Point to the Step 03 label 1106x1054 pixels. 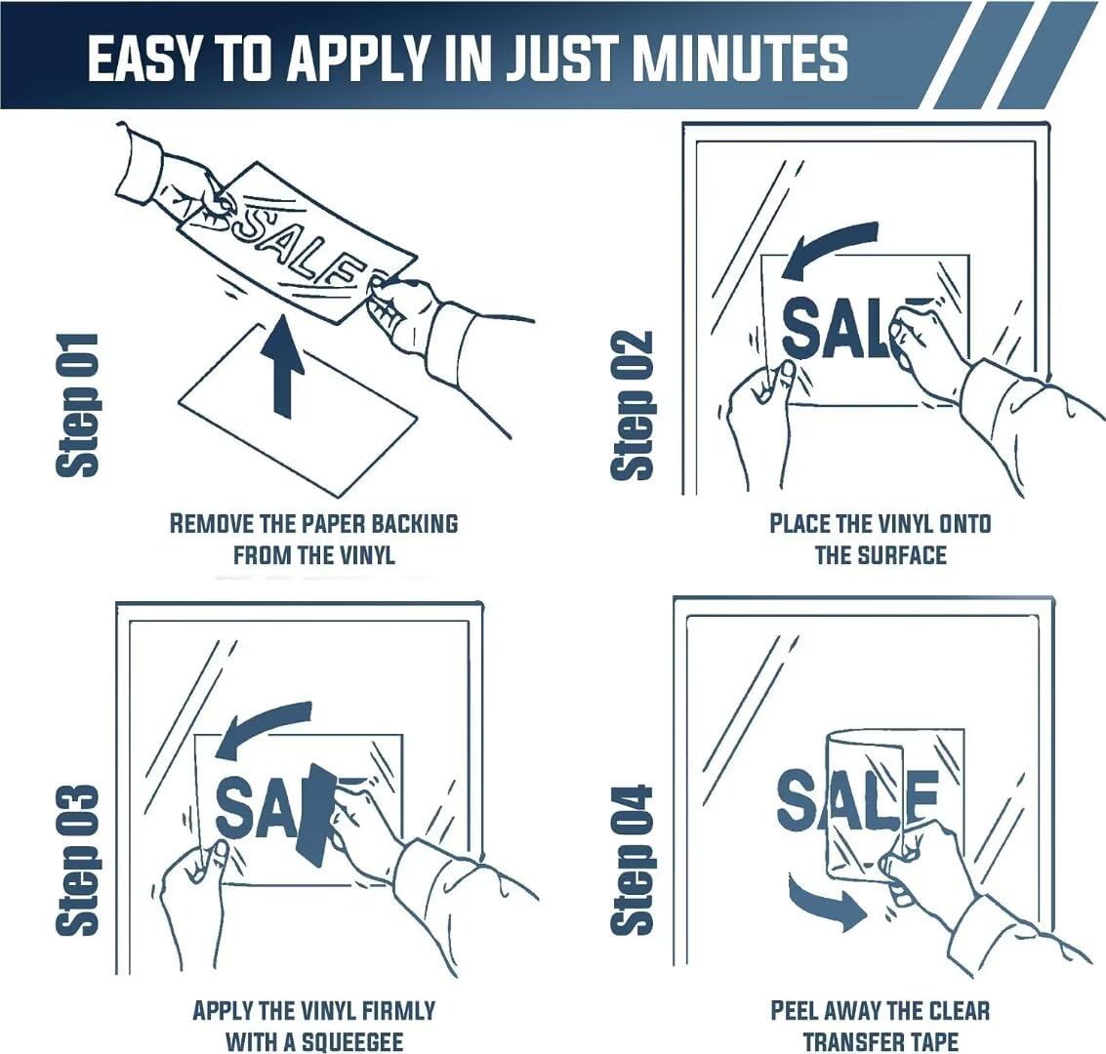[x=77, y=859]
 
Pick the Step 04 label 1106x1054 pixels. [x=633, y=859]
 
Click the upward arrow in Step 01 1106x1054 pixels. [x=283, y=367]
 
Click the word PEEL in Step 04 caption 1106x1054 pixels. [x=794, y=1011]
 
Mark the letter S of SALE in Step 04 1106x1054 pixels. [x=799, y=798]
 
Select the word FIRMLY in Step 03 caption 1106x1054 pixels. [x=398, y=1011]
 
